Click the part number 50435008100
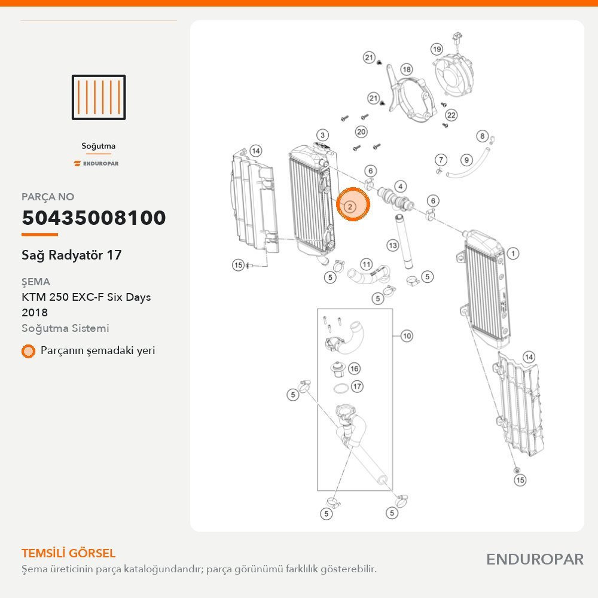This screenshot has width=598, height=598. coord(94,218)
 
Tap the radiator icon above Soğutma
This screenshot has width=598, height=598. coord(99,97)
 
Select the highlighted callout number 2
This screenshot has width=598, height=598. coord(350,207)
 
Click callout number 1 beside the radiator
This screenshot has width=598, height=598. coord(513,253)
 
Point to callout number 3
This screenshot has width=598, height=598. coord(323,135)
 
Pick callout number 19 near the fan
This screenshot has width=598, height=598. coord(437,49)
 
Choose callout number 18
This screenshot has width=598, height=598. coord(407,69)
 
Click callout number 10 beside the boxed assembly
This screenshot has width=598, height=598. coord(407,336)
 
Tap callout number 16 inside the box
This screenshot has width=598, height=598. coord(354,368)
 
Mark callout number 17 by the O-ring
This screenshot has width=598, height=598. coord(357,386)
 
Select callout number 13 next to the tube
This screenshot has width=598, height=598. coord(393,245)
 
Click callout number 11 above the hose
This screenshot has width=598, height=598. coord(366,264)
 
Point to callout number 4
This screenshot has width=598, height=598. coord(401,187)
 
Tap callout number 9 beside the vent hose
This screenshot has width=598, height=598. coord(466,160)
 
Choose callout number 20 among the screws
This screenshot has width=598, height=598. coord(361,132)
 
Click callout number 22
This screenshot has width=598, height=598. coord(451,115)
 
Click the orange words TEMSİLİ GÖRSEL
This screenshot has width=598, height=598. coord(69,553)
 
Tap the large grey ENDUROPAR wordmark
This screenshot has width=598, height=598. coord(535,560)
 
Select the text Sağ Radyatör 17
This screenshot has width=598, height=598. coord(72,255)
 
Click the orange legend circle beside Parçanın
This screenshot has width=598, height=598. coord(28,351)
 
